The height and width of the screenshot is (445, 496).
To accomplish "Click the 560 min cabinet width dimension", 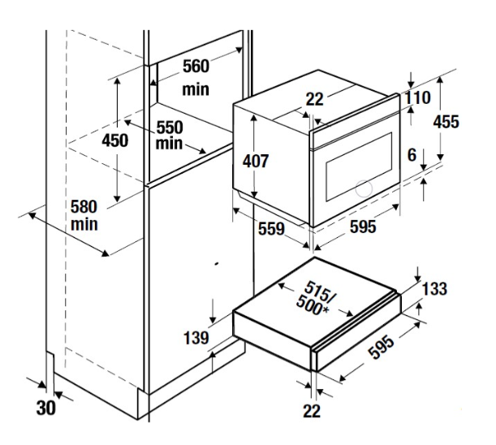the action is click(196, 77).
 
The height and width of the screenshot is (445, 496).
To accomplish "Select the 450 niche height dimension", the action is click(115, 140).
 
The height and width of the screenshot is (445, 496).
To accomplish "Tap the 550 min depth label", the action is click(170, 136).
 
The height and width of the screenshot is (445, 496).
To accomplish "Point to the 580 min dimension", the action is click(84, 215).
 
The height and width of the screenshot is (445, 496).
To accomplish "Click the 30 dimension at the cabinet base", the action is click(46, 408).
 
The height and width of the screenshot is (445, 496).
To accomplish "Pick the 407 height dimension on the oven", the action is click(256, 161).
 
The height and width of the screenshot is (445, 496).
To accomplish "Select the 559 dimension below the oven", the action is click(271, 228).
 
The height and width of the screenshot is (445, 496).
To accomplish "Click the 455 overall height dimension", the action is click(446, 122).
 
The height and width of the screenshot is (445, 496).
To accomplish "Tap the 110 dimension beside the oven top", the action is click(418, 97).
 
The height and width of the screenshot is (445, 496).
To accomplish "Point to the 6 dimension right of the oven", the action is click(412, 155).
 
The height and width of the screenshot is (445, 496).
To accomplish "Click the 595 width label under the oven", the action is click(363, 227).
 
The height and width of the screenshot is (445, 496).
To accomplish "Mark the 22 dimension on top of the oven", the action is click(314, 99).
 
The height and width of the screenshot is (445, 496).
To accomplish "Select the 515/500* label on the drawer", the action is click(314, 299).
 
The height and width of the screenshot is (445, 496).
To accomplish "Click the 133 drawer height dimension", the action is click(434, 288).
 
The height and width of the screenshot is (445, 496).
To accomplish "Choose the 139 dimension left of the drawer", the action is click(196, 338).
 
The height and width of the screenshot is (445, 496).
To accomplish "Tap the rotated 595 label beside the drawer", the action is click(382, 348).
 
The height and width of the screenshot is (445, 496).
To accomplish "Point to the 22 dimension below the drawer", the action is click(312, 411).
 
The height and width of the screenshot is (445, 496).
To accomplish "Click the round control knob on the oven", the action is click(364, 189).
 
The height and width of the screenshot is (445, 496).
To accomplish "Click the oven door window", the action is click(359, 166).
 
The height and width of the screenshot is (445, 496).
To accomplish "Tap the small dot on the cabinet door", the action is click(217, 264).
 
